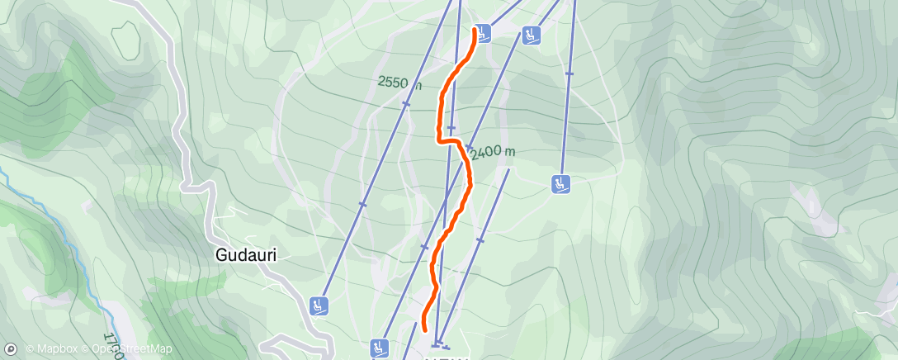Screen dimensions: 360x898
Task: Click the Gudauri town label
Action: pyautogui.click(x=245, y=255)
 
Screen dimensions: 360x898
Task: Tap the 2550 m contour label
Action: pyautogui.click(x=400, y=83)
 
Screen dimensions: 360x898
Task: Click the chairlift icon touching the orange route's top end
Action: pyautogui.click(x=483, y=33)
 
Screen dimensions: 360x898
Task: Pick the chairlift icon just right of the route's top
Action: pyautogui.click(x=530, y=35)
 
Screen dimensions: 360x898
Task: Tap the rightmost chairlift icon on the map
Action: pyautogui.click(x=561, y=183)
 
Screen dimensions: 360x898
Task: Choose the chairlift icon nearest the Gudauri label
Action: pyautogui.click(x=319, y=306)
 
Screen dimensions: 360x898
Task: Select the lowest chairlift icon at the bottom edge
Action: pyautogui.click(x=380, y=348)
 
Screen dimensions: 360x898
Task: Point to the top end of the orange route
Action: pyautogui.click(x=475, y=30)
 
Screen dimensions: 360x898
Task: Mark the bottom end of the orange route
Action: pyautogui.click(x=424, y=329)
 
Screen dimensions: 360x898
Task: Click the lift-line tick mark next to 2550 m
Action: pyautogui.click(x=405, y=104)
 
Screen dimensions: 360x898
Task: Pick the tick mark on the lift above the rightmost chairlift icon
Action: pyautogui.click(x=569, y=73)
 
